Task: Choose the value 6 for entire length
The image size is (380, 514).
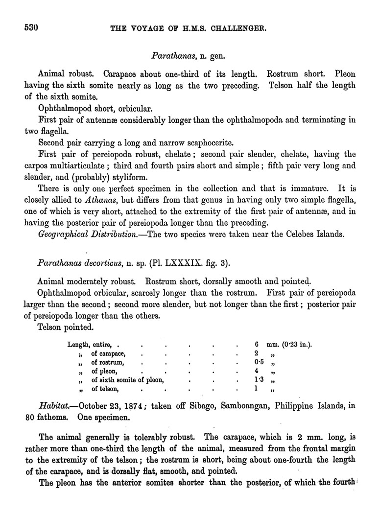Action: pyautogui.click(x=257, y=345)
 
